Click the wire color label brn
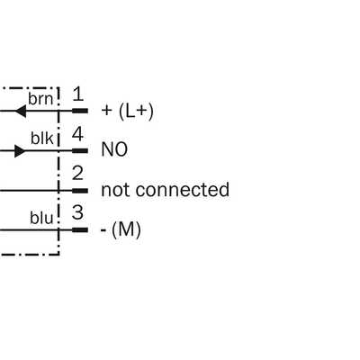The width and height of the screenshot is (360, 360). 40,99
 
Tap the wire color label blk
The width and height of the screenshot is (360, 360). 42,139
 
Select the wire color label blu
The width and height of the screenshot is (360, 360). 41,218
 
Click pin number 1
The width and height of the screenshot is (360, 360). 78,94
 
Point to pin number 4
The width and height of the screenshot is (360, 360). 77,134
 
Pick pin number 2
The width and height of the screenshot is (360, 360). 77,174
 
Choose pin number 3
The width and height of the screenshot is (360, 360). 77,212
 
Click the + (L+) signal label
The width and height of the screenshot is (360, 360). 128,112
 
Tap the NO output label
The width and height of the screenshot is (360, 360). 114,149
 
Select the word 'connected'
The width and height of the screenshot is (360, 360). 183,190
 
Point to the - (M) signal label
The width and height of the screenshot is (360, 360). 121,230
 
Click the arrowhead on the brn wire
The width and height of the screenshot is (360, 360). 21,112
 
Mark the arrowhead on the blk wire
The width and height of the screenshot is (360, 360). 20,150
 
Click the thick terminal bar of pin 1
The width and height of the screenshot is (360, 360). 80,111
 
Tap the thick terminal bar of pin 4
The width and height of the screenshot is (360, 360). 80,150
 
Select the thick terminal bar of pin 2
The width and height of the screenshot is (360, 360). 80,191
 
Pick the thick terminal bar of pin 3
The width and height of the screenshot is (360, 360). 80,230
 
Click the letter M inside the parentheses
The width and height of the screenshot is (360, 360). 126,229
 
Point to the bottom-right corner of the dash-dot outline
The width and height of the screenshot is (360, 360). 59,255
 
